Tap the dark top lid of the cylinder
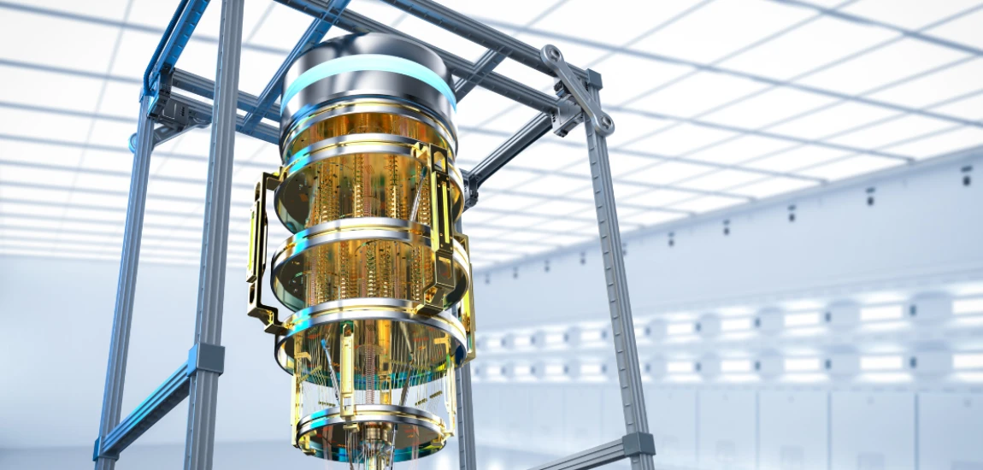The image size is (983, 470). tap(368, 47)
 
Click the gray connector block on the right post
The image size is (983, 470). tap(638, 444)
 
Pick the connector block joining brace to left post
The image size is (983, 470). tap(205, 359)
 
